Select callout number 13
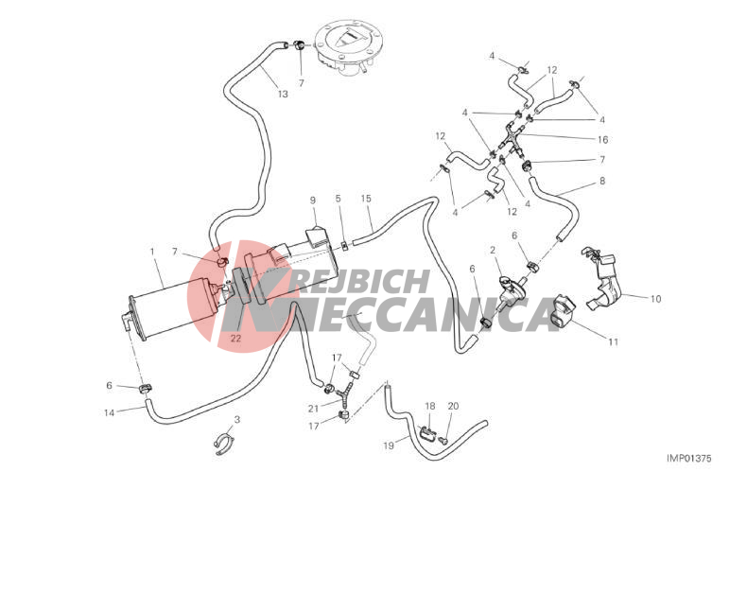pos(283,94)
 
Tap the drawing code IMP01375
pos(688,458)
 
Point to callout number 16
pos(602,140)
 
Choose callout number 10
pos(655,299)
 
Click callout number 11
pos(613,341)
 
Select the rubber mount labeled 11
pos(563,313)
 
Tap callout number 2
pos(493,251)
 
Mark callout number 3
pos(236,420)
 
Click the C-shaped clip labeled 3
pos(224,443)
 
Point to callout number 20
pos(453,406)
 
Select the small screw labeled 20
pos(443,439)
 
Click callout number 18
pos(429,406)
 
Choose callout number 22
pos(235,338)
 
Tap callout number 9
pos(313,201)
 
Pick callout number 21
pos(313,409)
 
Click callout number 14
pos(109,412)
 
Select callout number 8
pos(602,182)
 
